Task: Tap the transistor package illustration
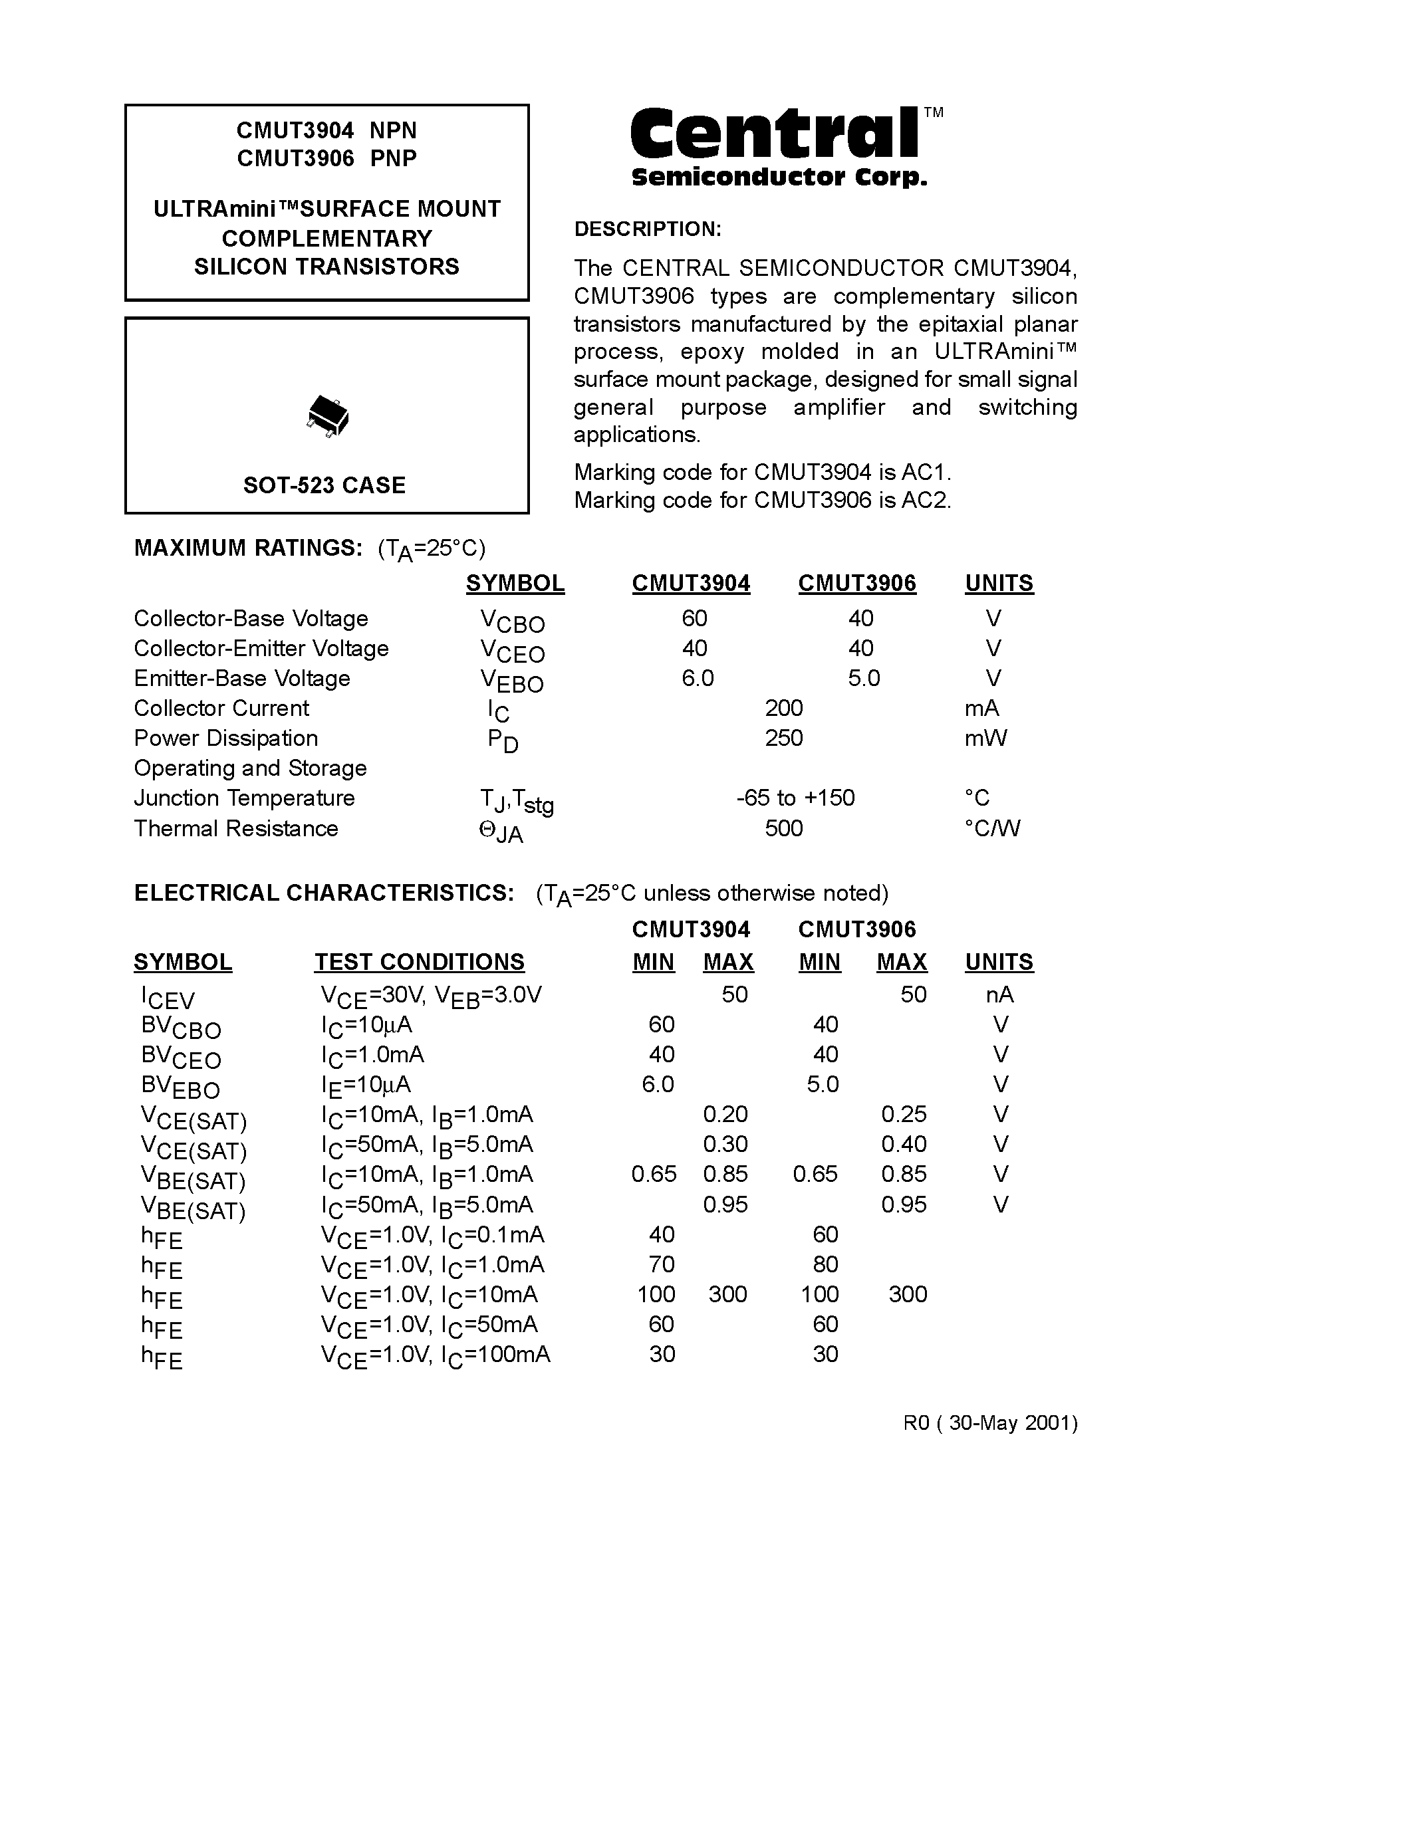327,416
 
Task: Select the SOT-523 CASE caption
324,485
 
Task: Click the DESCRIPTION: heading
647,229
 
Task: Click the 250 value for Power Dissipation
783,739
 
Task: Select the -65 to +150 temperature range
795,798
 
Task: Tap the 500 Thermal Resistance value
783,829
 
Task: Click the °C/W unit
992,829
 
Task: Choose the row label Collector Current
221,708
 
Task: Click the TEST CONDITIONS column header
420,962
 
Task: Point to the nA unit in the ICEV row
999,994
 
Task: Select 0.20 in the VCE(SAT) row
725,1114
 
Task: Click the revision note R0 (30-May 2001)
989,1423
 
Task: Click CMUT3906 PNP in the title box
326,158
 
